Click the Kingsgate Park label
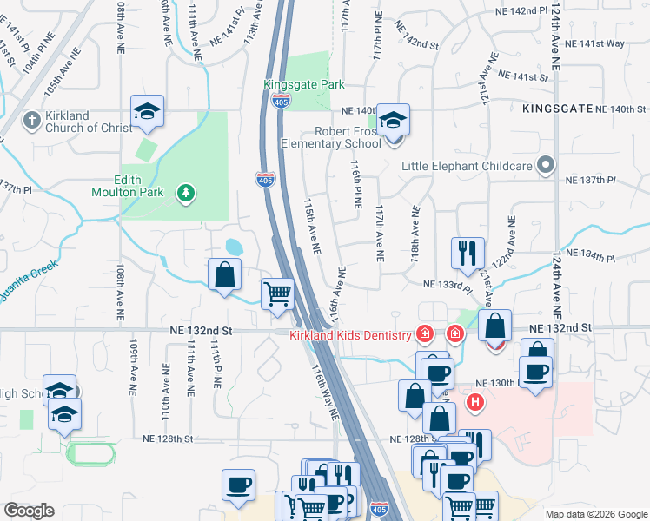(x=304, y=85)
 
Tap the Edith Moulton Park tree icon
(x=184, y=192)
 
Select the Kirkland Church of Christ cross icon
(x=32, y=120)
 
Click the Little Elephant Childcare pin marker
(x=545, y=164)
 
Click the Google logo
(x=29, y=511)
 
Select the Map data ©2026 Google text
(x=596, y=514)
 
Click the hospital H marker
(x=475, y=402)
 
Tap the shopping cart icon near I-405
(x=278, y=293)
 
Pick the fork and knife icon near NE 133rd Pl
(x=468, y=253)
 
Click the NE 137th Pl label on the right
(x=592, y=180)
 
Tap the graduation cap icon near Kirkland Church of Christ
(x=147, y=110)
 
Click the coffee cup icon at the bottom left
(x=238, y=485)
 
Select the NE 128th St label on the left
(x=168, y=439)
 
